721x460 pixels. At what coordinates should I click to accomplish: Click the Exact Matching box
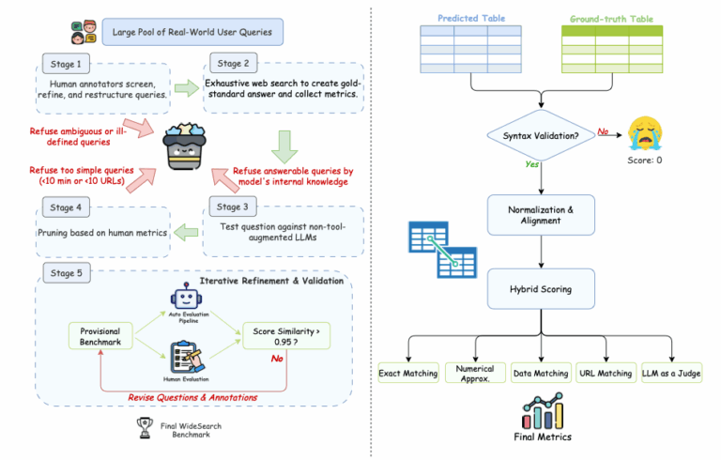[x=408, y=373]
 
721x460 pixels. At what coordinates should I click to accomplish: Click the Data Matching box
[x=541, y=373]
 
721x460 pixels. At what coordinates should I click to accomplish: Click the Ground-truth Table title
[x=613, y=18]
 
